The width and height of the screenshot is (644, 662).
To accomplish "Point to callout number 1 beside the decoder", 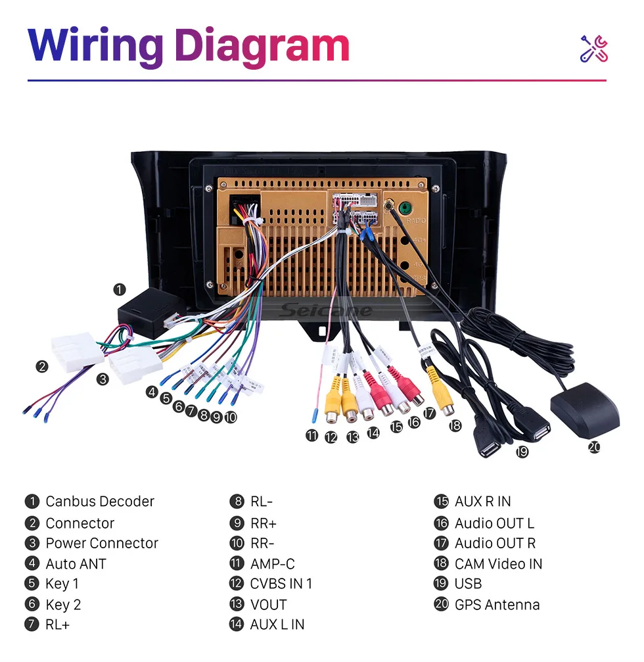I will click(119, 289).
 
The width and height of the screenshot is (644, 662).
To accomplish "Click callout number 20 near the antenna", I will click(594, 448).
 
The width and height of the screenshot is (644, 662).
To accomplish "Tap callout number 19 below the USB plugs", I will click(522, 452).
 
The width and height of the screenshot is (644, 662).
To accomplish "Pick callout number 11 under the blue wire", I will click(311, 435).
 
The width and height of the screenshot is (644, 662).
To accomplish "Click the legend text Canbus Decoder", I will click(100, 502).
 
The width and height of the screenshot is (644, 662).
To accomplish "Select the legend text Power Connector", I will click(102, 544).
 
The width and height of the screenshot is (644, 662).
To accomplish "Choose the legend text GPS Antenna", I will click(497, 605).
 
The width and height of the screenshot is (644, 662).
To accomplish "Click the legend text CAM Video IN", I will click(498, 564).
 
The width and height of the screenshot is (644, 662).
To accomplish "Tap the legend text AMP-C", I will click(272, 564).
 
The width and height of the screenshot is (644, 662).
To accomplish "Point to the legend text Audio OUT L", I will click(494, 523).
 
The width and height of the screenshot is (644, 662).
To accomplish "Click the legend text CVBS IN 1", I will click(281, 584).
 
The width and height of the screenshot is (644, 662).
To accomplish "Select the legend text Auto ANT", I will click(76, 564).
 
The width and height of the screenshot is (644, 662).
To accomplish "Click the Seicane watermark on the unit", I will click(326, 311).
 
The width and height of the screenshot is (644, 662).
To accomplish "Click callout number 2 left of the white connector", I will click(42, 366).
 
